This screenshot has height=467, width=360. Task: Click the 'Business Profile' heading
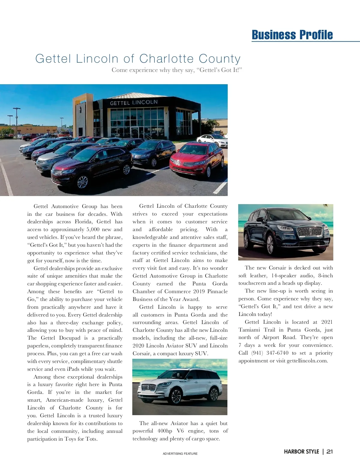coord(292,35)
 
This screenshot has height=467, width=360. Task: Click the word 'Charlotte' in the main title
coord(165,59)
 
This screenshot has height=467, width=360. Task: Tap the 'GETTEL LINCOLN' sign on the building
coord(133,103)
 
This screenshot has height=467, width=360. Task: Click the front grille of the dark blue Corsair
coord(310,231)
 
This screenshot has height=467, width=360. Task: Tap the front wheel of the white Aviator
coord(176,397)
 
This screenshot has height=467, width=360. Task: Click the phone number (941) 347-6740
coord(270,353)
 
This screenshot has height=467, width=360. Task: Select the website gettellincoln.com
coord(307,361)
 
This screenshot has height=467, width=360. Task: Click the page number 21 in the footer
coord(330,451)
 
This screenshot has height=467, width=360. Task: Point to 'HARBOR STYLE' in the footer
coord(301,451)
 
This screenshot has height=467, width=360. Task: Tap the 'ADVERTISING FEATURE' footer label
coord(180,454)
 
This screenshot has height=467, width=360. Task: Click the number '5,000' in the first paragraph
coord(93,230)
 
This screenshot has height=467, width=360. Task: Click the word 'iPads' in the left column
coord(73,369)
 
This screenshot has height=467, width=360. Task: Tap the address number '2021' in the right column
coord(327,322)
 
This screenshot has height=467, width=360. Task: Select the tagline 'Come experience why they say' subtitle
coord(177,70)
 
